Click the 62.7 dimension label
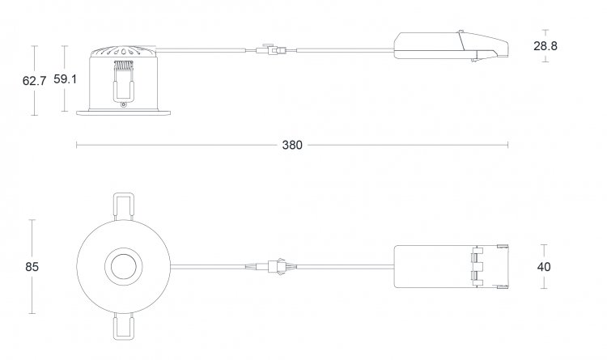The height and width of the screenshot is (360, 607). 34,81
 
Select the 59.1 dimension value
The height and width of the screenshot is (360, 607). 65,79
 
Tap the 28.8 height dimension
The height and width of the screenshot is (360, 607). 545,46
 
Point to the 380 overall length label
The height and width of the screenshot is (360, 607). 292,145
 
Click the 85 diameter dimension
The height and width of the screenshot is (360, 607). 32,267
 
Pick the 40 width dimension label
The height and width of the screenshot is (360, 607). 544,267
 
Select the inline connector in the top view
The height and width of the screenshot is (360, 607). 277,266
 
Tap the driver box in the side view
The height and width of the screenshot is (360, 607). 451,45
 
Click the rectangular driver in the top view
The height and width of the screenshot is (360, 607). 451,267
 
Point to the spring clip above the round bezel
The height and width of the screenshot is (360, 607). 124,207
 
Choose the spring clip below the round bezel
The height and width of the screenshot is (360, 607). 124,326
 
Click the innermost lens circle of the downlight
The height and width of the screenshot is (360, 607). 124,267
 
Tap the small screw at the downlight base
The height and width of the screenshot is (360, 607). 124,104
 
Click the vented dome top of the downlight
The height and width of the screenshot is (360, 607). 123,52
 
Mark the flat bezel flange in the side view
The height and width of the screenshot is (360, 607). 124,112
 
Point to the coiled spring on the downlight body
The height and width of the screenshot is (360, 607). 124,66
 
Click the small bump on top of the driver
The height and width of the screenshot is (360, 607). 461,32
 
